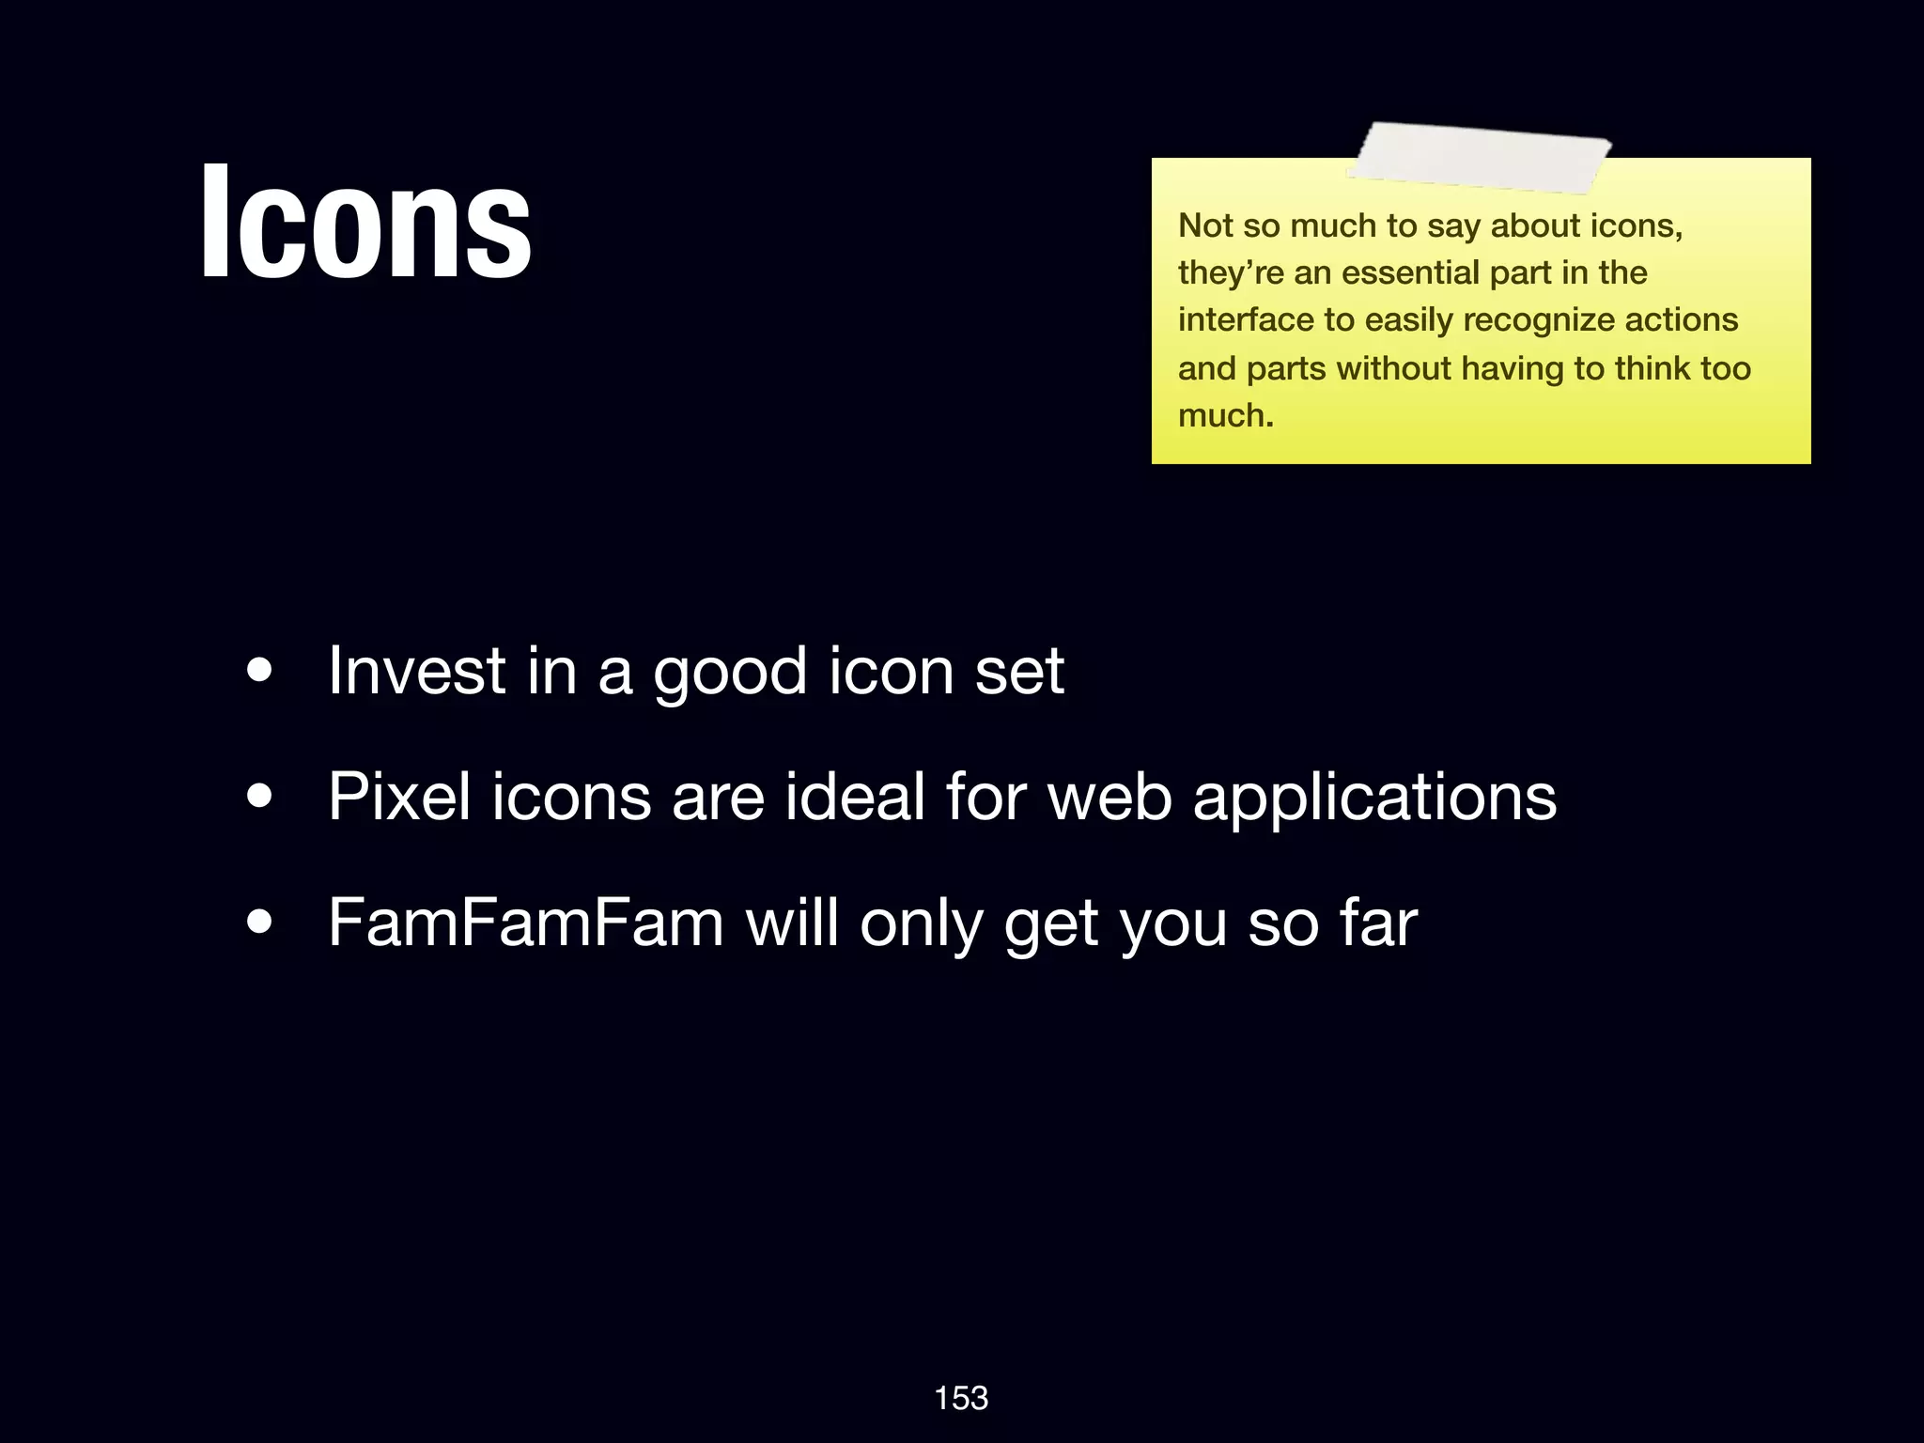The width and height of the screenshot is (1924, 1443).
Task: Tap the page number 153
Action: click(961, 1398)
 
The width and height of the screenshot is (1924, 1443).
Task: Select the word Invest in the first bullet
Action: click(417, 671)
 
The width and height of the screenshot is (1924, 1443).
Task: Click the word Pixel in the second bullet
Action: click(399, 797)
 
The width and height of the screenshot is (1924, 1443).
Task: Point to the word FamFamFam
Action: click(525, 923)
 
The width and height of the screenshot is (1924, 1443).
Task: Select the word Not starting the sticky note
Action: click(1205, 225)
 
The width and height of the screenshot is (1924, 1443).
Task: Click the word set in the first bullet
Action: click(1019, 671)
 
